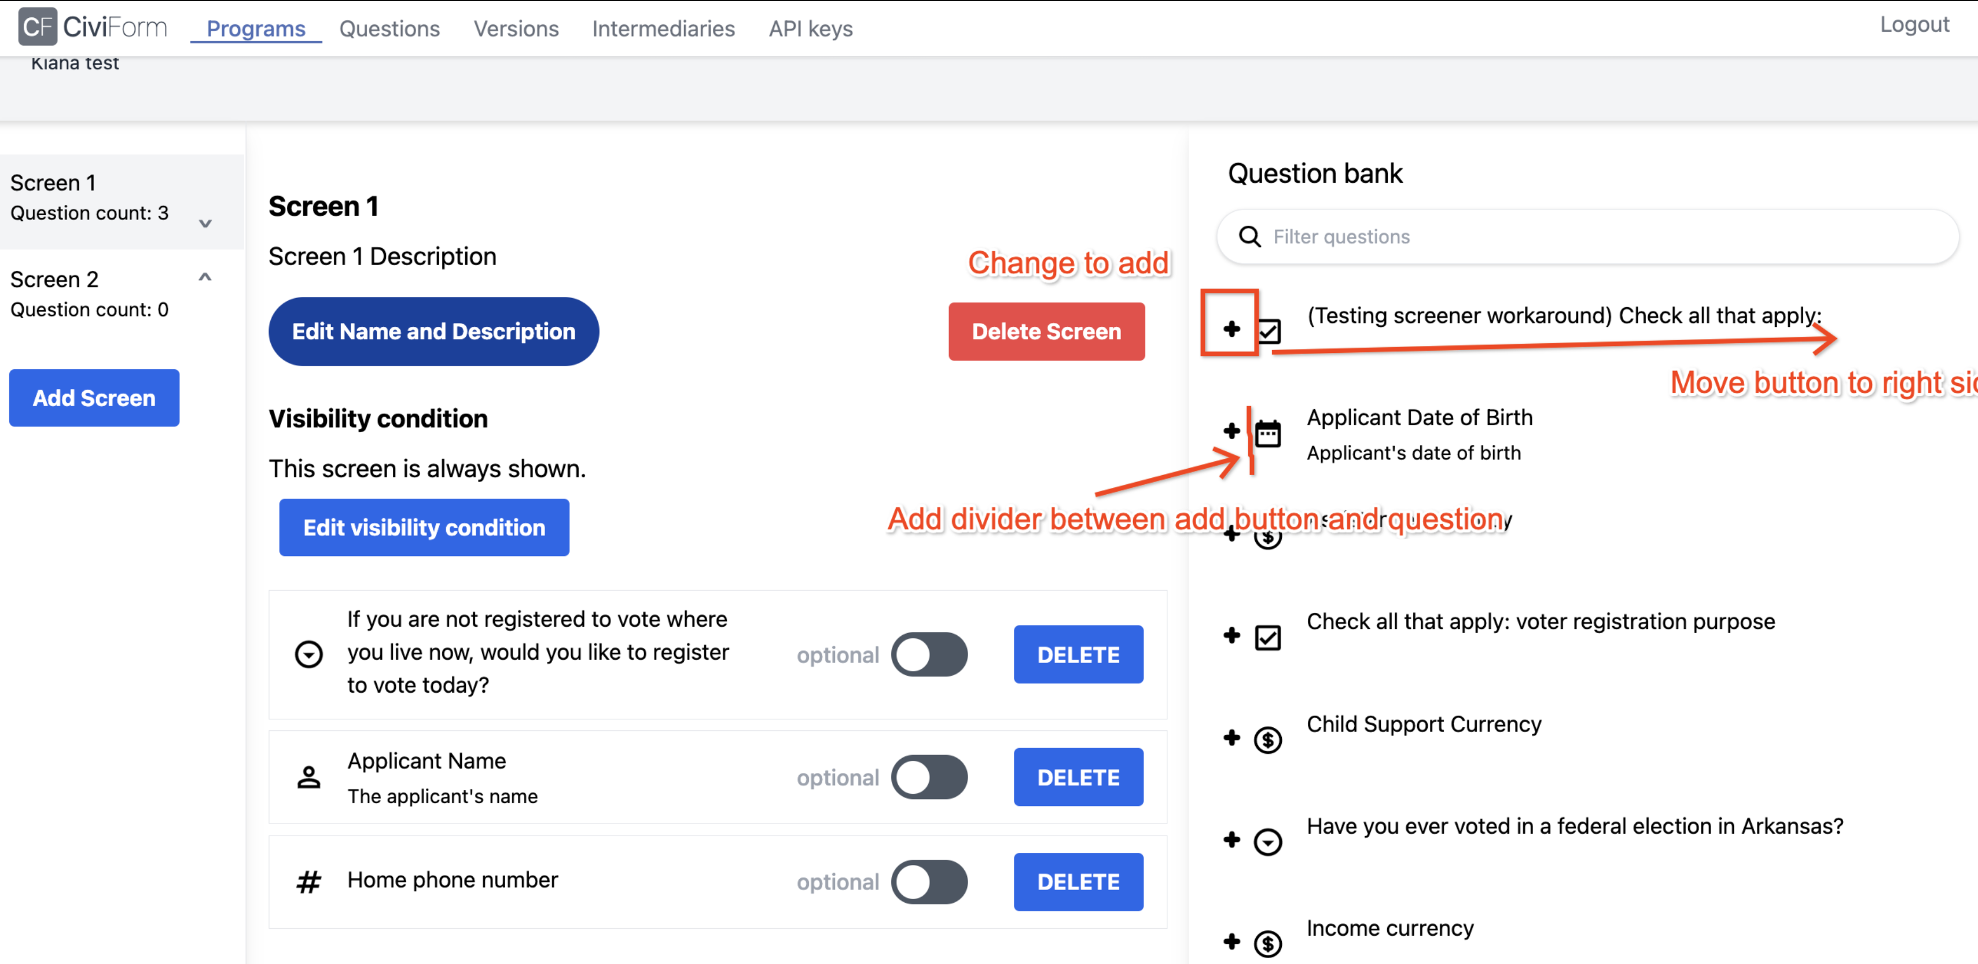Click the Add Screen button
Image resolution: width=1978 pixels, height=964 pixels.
[94, 398]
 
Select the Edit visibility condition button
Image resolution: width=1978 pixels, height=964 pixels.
[424, 527]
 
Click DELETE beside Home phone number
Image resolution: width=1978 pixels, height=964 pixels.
[1078, 881]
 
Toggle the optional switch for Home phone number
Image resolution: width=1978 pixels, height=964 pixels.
[929, 881]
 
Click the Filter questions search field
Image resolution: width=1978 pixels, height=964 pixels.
[1597, 237]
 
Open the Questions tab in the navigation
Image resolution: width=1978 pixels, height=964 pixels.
[389, 28]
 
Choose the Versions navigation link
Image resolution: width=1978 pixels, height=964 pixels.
[516, 28]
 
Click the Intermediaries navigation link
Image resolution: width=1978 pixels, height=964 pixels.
[663, 28]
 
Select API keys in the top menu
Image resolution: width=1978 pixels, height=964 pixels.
[810, 28]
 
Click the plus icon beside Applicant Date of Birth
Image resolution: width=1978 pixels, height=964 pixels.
[1231, 431]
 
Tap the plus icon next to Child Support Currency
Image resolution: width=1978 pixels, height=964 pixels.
[1231, 738]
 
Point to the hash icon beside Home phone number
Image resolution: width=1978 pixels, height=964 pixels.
[308, 882]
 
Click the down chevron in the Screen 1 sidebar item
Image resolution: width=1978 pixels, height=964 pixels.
[205, 223]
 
